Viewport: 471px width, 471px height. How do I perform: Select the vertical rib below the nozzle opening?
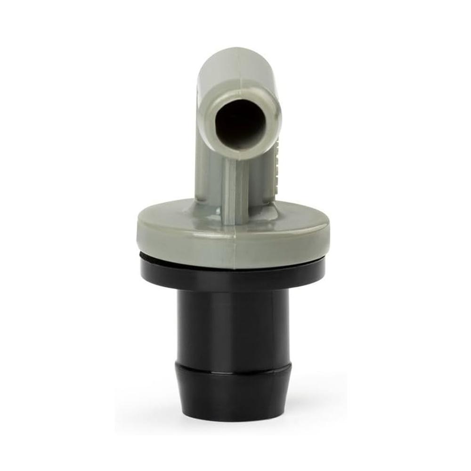235,188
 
